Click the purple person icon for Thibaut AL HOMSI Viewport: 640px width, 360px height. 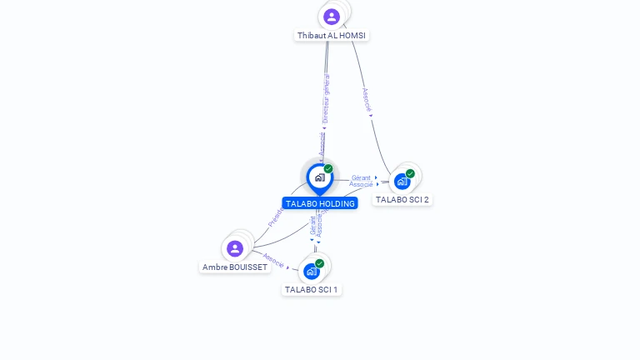pyautogui.click(x=332, y=17)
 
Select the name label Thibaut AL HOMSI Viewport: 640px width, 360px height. pyautogui.click(x=332, y=36)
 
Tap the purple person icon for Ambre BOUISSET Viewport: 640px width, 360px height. pyautogui.click(x=235, y=248)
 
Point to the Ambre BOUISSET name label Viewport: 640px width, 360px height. pyautogui.click(x=235, y=267)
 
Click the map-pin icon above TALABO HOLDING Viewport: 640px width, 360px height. pyautogui.click(x=319, y=177)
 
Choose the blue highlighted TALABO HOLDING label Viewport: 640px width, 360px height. pyautogui.click(x=320, y=203)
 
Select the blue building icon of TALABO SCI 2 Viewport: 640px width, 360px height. pyautogui.click(x=402, y=182)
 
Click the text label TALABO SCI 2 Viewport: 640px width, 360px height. pyautogui.click(x=402, y=200)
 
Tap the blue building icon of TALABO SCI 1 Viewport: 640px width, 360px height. pyautogui.click(x=312, y=271)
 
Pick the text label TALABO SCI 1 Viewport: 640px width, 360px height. pyautogui.click(x=312, y=290)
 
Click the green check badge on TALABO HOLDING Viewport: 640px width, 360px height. pyautogui.click(x=328, y=169)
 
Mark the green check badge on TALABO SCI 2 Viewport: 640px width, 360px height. pyautogui.click(x=410, y=173)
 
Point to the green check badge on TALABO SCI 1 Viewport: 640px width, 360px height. pyautogui.click(x=319, y=263)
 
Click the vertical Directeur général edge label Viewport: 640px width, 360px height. pyautogui.click(x=326, y=98)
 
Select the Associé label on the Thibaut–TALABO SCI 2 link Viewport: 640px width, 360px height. pyautogui.click(x=366, y=101)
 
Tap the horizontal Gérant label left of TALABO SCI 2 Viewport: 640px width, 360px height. pyautogui.click(x=361, y=177)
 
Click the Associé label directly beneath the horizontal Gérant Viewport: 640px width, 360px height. pyautogui.click(x=361, y=185)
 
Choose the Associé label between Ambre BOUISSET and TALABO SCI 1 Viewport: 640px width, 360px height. pyautogui.click(x=274, y=259)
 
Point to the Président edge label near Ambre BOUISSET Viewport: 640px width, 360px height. pyautogui.click(x=276, y=217)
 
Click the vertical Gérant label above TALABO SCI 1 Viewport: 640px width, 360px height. pyautogui.click(x=312, y=226)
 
